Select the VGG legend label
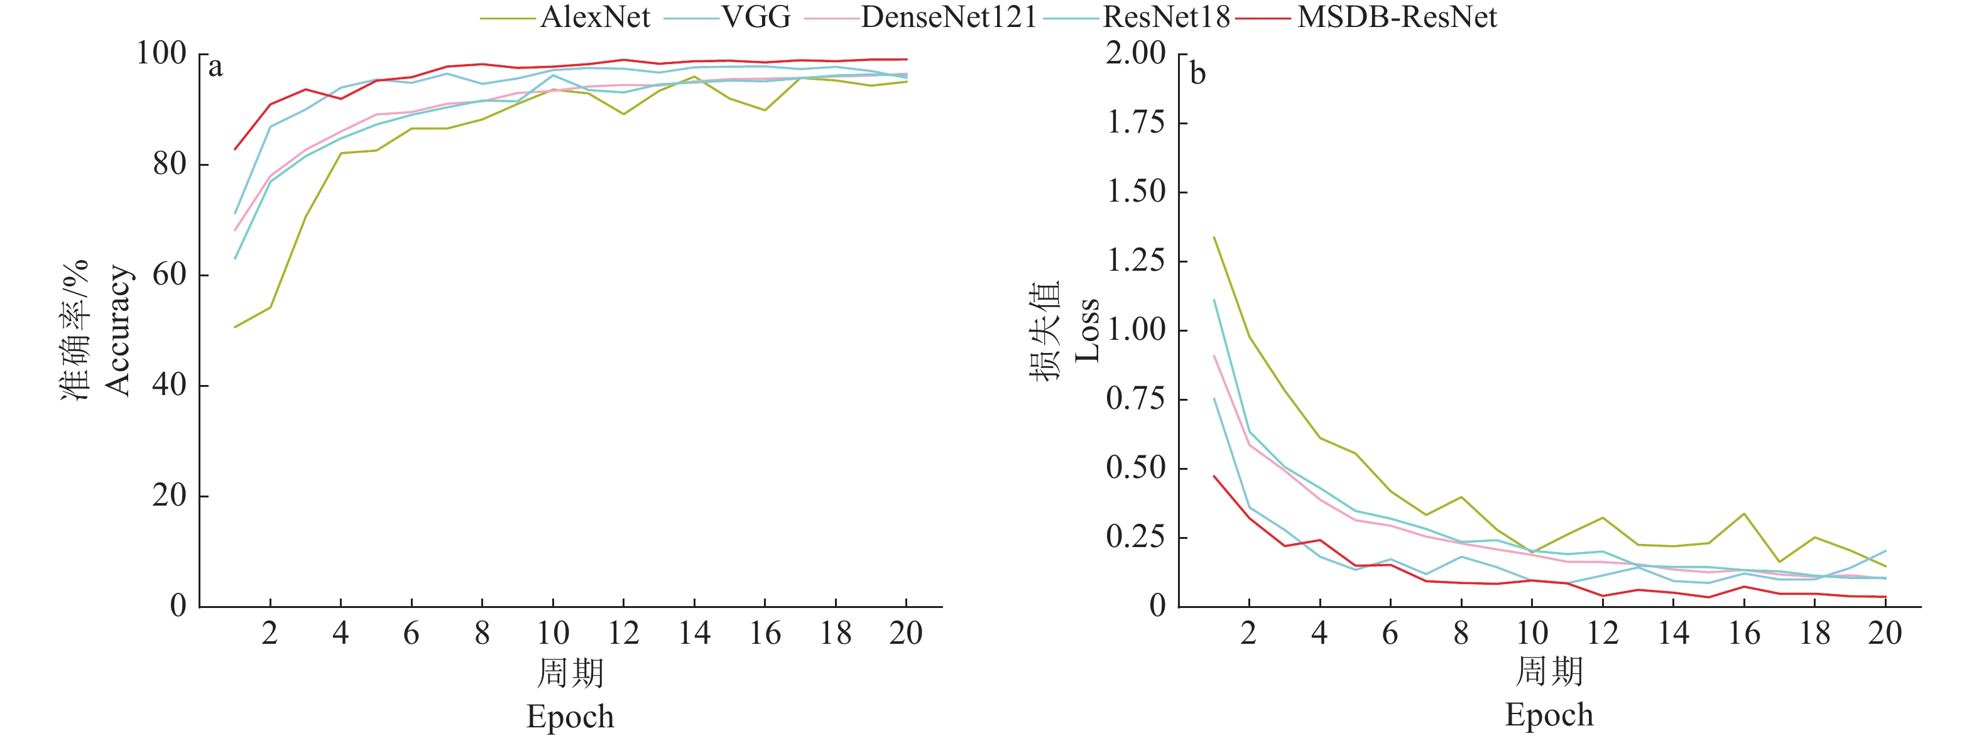tap(756, 17)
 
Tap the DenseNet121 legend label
tap(949, 17)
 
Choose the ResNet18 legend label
tap(1166, 17)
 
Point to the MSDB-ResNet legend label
tap(1397, 17)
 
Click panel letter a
tap(216, 68)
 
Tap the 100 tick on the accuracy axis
tap(161, 54)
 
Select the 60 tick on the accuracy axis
tap(169, 275)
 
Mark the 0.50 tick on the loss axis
tap(1135, 468)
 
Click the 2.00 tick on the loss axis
tap(1135, 54)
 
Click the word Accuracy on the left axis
tap(118, 330)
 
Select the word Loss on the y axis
tap(1087, 330)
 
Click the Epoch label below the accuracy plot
tap(570, 717)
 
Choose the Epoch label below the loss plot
tap(1549, 715)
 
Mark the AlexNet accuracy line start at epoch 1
tap(235, 327)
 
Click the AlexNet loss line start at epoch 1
tap(1214, 237)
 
